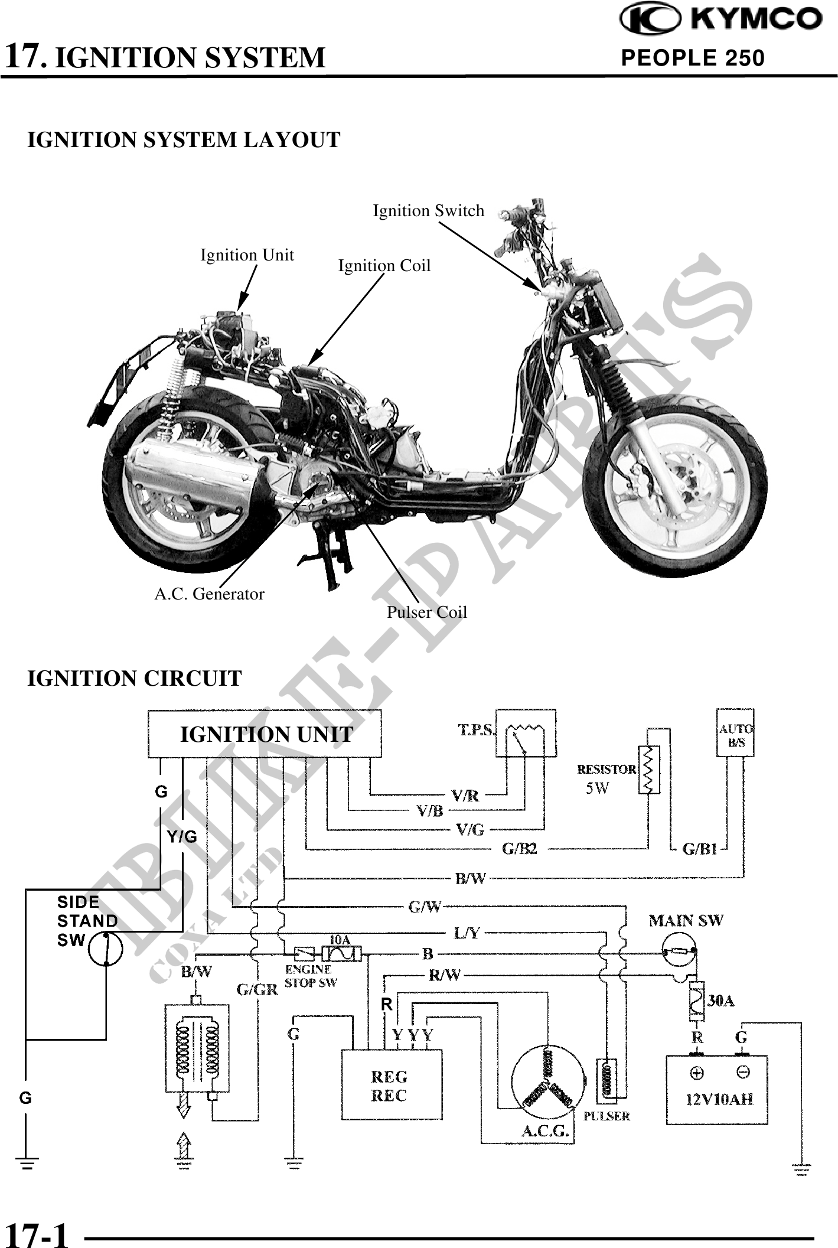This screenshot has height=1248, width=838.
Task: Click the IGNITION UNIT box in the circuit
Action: [265, 734]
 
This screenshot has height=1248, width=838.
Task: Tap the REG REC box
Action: [392, 1084]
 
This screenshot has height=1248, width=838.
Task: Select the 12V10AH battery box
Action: [718, 1089]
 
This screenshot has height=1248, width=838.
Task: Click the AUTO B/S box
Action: [735, 732]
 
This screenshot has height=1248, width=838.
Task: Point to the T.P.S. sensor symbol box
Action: [526, 732]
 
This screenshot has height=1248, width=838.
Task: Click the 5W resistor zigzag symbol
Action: [648, 770]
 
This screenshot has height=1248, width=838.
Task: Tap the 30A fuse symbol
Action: [696, 1001]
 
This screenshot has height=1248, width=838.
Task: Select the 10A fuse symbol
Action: [342, 953]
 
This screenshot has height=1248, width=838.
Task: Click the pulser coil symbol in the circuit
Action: [607, 1081]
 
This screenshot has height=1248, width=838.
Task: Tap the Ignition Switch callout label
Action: [428, 211]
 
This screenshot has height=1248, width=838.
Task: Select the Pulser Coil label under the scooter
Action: [426, 612]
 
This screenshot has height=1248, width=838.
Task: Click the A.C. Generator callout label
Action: [209, 594]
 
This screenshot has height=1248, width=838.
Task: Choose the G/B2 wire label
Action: [519, 849]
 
